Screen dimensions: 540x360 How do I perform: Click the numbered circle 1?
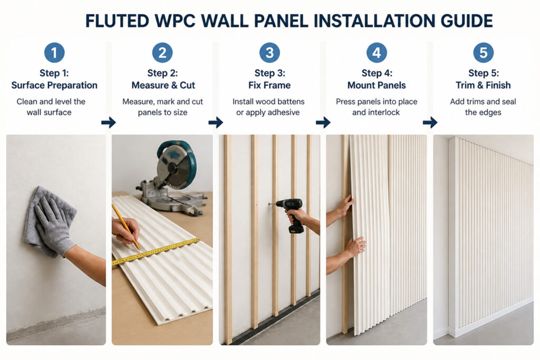point(54,53)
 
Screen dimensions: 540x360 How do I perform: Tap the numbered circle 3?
point(269,53)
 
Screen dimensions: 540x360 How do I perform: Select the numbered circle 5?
point(483,53)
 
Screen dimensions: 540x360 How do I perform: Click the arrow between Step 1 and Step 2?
point(109,122)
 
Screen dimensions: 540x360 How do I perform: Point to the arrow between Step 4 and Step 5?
point(430,122)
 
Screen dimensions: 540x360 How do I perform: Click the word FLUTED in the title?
point(117,21)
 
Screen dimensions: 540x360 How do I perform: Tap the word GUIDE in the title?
point(467,21)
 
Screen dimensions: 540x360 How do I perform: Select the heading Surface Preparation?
point(54,85)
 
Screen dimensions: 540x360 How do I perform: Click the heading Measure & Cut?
point(163,85)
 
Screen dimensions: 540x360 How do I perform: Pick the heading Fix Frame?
point(269,85)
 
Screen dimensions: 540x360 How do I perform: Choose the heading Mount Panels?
point(377,85)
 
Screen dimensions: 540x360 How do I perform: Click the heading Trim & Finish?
point(483,85)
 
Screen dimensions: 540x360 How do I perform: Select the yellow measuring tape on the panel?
point(156,251)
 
